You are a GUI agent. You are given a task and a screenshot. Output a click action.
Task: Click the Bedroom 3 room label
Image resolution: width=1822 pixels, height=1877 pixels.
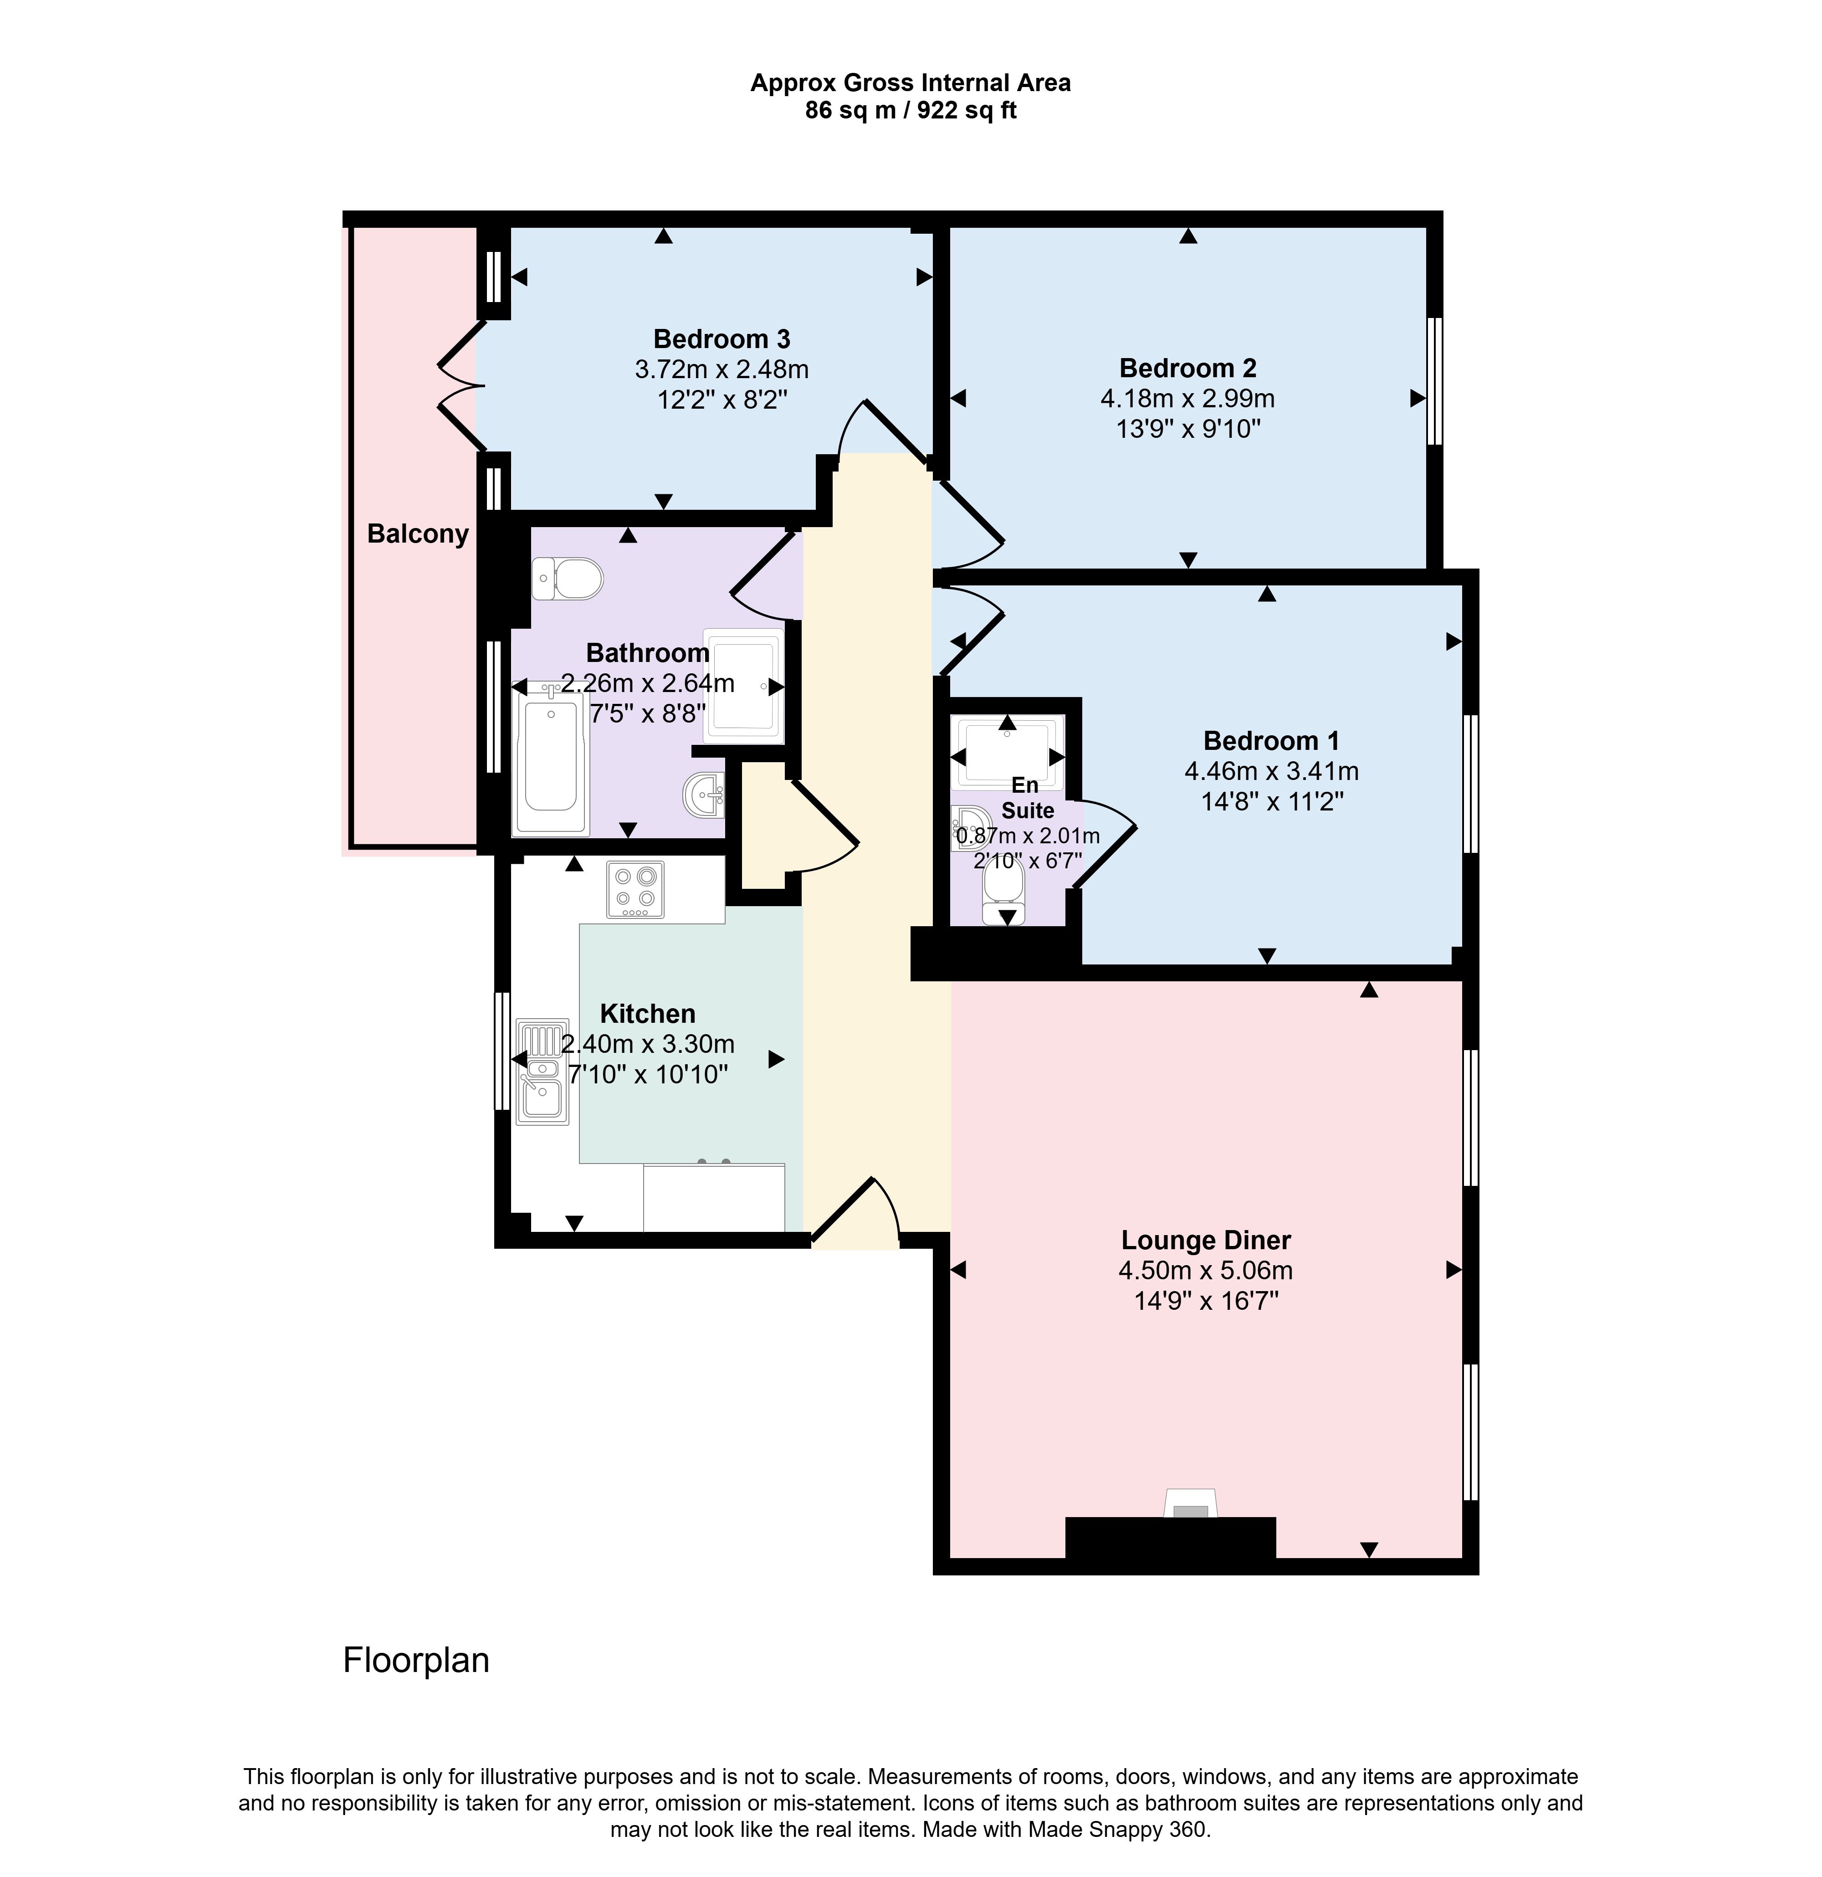click(722, 339)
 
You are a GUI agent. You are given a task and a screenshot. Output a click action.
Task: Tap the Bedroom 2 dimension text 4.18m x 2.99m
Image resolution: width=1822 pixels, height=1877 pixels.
click(1187, 398)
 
